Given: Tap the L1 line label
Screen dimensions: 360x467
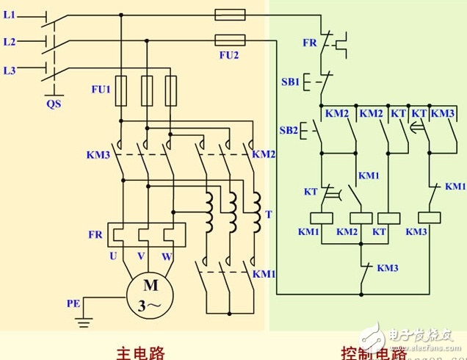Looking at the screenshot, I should pos(9,14).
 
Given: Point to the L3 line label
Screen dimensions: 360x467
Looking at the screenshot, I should pos(9,71).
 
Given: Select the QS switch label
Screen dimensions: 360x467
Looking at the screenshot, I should pos(54,104).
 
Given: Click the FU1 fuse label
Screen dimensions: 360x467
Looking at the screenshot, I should pos(100,90).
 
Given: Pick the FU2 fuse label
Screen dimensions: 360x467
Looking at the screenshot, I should pos(229,54).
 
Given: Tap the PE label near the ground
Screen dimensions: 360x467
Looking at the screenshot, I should pos(73,303).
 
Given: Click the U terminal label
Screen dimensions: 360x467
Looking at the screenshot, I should pos(115,256).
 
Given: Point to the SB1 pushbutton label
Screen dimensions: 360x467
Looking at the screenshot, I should pos(289,82).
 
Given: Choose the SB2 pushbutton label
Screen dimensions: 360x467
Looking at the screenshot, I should pos(289,131).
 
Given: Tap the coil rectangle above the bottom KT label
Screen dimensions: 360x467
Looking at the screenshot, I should pos(388,217).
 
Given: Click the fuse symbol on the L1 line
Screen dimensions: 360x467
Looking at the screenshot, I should pos(230,14).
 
